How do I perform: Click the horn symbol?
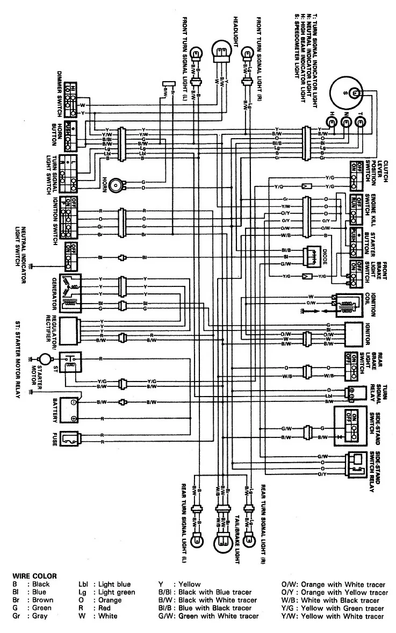(115, 185)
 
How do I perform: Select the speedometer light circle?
(354, 93)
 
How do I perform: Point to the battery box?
(71, 410)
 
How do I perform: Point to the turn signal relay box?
(355, 393)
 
